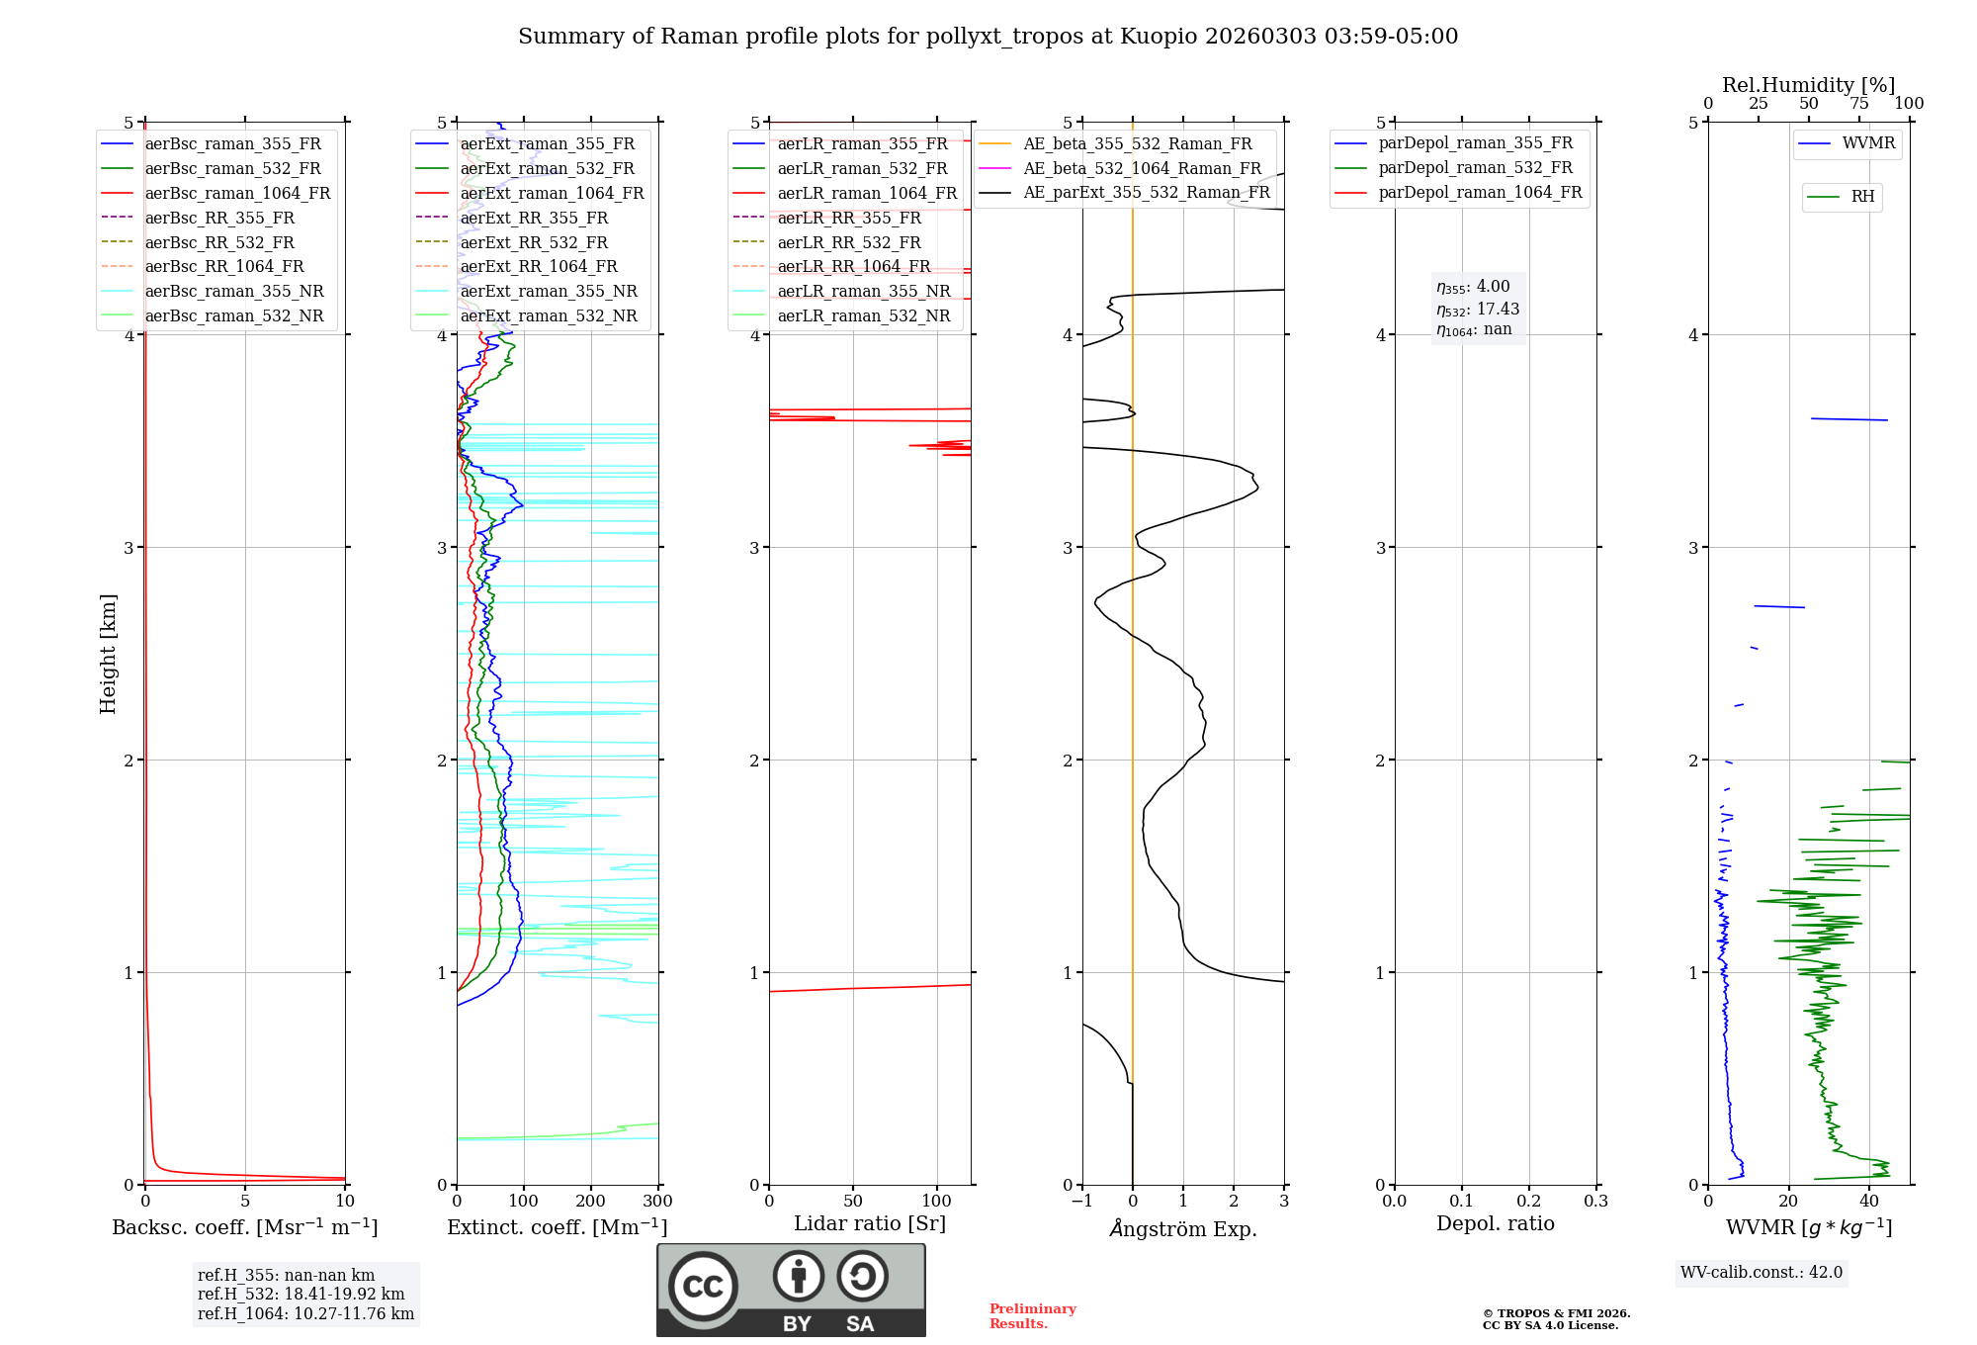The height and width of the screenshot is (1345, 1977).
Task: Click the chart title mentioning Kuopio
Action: [x=988, y=37]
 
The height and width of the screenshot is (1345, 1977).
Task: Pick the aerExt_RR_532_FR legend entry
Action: [x=534, y=242]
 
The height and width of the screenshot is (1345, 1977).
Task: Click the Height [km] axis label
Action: [x=108, y=654]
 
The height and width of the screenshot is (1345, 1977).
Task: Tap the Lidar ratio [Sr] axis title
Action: [x=870, y=1223]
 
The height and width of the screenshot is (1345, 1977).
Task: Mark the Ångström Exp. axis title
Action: [x=1183, y=1228]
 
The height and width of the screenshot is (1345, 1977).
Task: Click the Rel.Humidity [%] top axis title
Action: [x=1808, y=85]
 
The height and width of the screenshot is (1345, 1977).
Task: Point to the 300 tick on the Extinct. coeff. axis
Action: [x=657, y=1202]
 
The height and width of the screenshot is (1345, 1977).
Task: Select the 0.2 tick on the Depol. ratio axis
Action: [x=1529, y=1202]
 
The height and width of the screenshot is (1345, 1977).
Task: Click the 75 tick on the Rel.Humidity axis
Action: [x=1859, y=104]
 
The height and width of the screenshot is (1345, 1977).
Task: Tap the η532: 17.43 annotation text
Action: [x=1478, y=310]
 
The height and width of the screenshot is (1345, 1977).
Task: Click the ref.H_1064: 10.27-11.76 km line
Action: [x=305, y=1313]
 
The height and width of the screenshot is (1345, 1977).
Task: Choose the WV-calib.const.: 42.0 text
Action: [x=1762, y=1272]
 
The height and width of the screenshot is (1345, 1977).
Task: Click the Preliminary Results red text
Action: [x=1033, y=1316]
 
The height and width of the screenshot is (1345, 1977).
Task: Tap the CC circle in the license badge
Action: [x=703, y=1287]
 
